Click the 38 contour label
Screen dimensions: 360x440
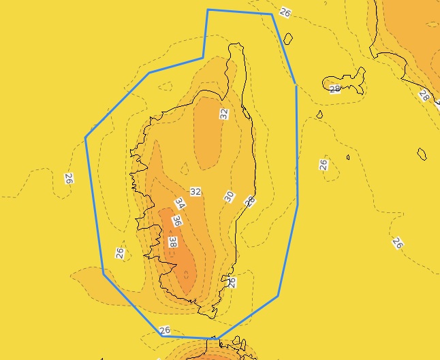pyautogui.click(x=173, y=242)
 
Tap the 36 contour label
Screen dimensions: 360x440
pyautogui.click(x=177, y=220)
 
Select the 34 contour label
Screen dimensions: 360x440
pyautogui.click(x=180, y=203)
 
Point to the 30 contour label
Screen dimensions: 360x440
pyautogui.click(x=229, y=197)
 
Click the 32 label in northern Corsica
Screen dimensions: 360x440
pyautogui.click(x=224, y=114)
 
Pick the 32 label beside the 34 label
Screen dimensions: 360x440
pyautogui.click(x=195, y=192)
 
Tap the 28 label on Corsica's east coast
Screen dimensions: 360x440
pyautogui.click(x=250, y=201)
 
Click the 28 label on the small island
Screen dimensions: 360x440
pyautogui.click(x=334, y=88)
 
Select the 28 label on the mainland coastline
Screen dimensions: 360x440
pyautogui.click(x=424, y=95)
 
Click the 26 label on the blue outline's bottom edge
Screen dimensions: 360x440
pyautogui.click(x=164, y=331)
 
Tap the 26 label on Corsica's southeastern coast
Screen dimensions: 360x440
pyautogui.click(x=232, y=282)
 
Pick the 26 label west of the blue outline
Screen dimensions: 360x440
pyautogui.click(x=69, y=179)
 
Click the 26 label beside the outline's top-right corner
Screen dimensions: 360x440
pyautogui.click(x=285, y=13)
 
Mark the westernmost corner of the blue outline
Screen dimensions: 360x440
pyautogui.click(x=86, y=139)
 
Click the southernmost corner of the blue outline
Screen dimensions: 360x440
pyautogui.click(x=218, y=338)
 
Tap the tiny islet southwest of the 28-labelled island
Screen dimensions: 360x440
pyautogui.click(x=319, y=115)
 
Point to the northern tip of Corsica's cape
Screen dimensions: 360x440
pyautogui.click(x=236, y=45)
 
